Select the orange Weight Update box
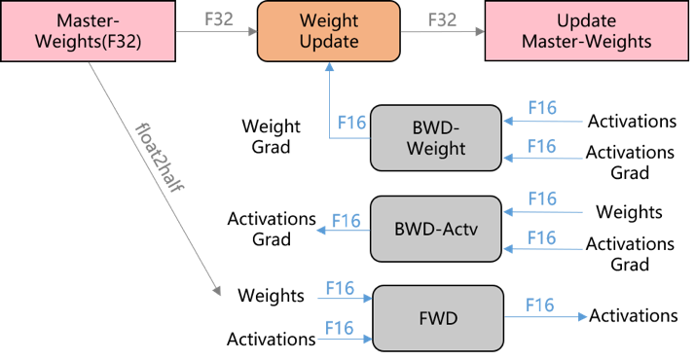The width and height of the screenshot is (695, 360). (x=329, y=31)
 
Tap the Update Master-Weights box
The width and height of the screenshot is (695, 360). (x=586, y=31)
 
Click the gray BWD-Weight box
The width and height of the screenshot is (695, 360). (x=436, y=137)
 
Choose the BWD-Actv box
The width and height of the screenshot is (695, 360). (x=436, y=229)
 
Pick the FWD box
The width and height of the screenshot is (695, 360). (x=439, y=318)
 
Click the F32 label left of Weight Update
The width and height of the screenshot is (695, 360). (x=219, y=18)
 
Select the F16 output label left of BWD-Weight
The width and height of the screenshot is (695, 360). (x=351, y=124)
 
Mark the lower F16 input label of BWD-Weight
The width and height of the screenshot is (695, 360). (x=542, y=147)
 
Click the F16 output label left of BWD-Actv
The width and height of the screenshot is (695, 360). (x=347, y=220)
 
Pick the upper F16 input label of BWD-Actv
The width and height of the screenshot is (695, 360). (x=542, y=198)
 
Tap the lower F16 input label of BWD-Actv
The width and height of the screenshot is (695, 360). (x=542, y=238)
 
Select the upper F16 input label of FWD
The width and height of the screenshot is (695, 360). (x=340, y=288)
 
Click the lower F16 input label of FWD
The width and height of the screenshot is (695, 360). (x=340, y=327)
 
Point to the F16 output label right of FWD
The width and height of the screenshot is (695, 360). (x=539, y=306)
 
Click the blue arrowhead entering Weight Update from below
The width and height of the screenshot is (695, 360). (x=329, y=66)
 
